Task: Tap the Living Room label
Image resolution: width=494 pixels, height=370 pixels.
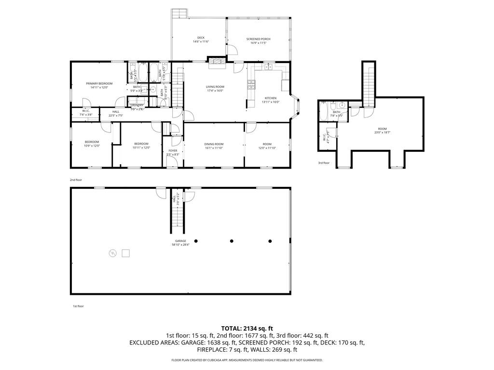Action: [215, 87]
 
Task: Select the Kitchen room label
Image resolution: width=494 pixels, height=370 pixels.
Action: [270, 98]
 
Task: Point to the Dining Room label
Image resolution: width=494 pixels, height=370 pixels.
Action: [214, 144]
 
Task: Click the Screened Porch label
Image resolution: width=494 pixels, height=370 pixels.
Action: [258, 39]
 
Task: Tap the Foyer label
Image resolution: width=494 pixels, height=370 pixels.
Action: [173, 150]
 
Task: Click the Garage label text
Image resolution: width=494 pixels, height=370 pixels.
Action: [181, 241]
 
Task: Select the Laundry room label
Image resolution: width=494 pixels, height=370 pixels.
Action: [137, 105]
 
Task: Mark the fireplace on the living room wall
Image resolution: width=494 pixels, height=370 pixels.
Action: [217, 60]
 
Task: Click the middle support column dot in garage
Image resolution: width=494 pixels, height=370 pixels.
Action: [232, 241]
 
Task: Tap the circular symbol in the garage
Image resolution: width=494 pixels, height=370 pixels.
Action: [113, 252]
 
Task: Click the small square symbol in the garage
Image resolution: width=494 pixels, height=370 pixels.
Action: [126, 252]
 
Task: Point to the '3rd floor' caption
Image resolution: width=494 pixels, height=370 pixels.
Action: [324, 163]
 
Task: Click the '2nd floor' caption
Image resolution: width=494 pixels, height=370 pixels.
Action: [76, 180]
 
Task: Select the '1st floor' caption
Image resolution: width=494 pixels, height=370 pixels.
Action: [78, 306]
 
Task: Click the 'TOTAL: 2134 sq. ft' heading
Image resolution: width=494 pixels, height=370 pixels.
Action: [247, 328]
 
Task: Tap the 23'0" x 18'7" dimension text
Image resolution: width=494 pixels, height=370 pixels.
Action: [382, 132]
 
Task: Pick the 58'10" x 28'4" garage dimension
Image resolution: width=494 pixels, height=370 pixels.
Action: [181, 245]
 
